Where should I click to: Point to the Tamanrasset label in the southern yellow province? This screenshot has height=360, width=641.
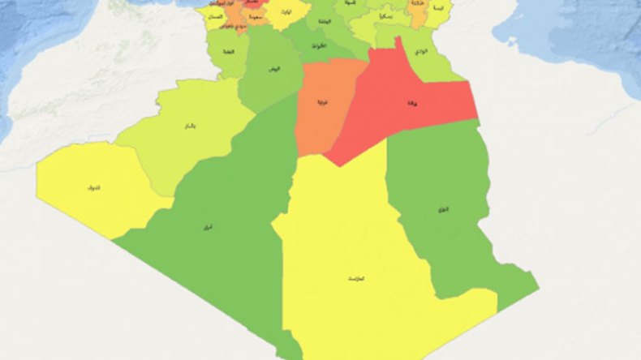(355, 279)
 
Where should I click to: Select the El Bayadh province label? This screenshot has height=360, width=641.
(274, 68)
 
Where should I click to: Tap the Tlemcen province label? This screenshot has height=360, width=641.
(216, 17)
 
